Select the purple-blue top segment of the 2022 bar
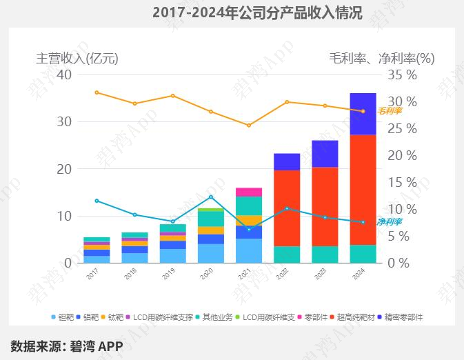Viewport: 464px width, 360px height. click(x=287, y=162)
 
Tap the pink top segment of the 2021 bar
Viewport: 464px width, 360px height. click(x=249, y=192)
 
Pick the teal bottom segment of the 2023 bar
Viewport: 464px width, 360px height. click(x=325, y=254)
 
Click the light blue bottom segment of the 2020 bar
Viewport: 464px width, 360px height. click(x=211, y=254)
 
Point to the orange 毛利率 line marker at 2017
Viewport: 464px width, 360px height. click(x=97, y=92)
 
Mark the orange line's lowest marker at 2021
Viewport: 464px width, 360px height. click(x=249, y=126)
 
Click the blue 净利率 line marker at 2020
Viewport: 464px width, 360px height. click(x=211, y=197)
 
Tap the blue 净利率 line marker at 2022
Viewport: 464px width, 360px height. click(x=287, y=208)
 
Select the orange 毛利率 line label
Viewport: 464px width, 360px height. click(x=390, y=110)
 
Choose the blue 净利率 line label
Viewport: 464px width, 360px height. click(x=390, y=222)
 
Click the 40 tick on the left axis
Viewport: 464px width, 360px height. click(x=64, y=74)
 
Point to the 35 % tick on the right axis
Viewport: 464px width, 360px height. click(x=403, y=74)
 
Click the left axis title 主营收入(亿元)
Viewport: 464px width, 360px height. click(x=77, y=59)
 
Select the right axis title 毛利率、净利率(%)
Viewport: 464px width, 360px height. click(x=382, y=59)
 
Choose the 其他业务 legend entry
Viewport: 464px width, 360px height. click(x=220, y=317)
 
